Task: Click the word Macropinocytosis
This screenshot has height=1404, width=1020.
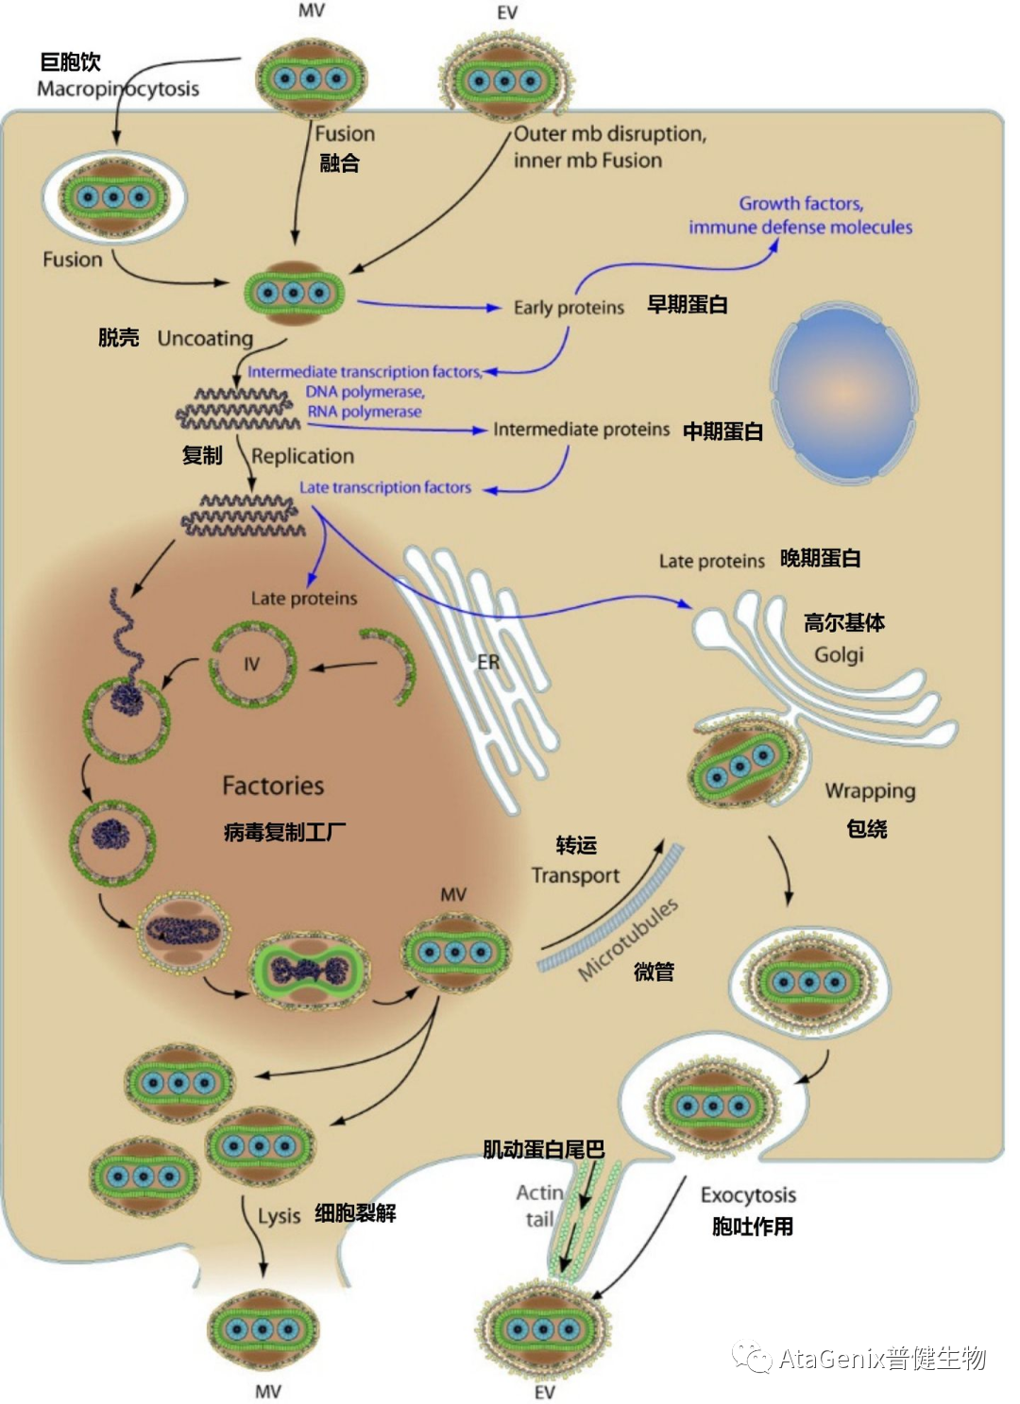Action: [x=117, y=89]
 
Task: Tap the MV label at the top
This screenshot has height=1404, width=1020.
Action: [x=311, y=10]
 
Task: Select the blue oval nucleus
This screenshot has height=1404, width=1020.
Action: [x=843, y=392]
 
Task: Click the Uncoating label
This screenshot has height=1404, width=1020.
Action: [x=205, y=338]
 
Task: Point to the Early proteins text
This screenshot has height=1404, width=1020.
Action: [x=569, y=308]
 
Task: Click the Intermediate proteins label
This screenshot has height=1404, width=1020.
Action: [x=581, y=430]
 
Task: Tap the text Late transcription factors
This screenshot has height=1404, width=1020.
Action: [x=384, y=487]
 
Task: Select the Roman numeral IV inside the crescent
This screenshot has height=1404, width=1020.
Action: [x=251, y=664]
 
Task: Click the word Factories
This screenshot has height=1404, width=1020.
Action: [x=273, y=786]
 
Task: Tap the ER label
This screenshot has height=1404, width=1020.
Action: [x=488, y=662]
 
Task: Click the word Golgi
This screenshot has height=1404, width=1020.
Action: [x=839, y=654]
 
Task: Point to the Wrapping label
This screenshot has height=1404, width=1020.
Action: [x=870, y=790]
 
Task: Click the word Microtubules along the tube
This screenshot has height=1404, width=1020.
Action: [x=627, y=939]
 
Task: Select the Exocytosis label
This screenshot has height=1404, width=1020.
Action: [x=748, y=1195]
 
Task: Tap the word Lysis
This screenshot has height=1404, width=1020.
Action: [x=279, y=1215]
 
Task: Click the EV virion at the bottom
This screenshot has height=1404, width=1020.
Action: [x=542, y=1329]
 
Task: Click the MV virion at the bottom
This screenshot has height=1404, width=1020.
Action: [x=263, y=1329]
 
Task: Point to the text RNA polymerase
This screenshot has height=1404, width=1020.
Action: [x=365, y=412]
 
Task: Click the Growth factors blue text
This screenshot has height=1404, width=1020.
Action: [x=801, y=203]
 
